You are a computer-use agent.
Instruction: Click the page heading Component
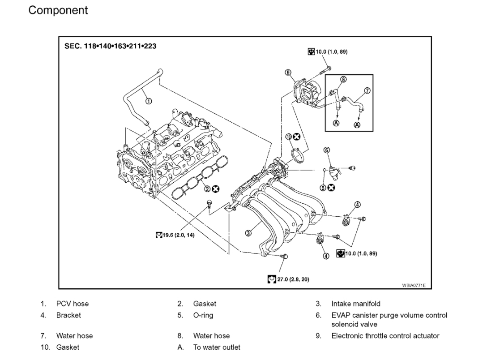(58, 10)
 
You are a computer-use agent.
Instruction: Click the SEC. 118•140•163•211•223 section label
(110, 46)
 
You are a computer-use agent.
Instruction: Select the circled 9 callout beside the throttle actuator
(288, 73)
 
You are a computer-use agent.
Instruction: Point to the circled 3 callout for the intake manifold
(248, 232)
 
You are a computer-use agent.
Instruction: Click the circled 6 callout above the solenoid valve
(326, 150)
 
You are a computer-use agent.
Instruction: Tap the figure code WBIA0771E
(414, 285)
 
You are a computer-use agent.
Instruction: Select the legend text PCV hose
(73, 304)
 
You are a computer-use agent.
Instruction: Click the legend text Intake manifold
(356, 304)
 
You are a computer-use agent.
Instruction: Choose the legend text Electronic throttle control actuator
(385, 336)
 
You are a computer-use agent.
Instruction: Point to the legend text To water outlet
(217, 347)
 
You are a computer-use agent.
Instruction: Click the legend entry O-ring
(203, 315)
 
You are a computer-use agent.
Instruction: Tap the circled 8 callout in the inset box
(343, 80)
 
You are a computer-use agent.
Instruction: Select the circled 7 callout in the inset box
(367, 90)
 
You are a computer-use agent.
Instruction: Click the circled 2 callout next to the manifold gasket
(208, 189)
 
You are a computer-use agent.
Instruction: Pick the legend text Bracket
(68, 315)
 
